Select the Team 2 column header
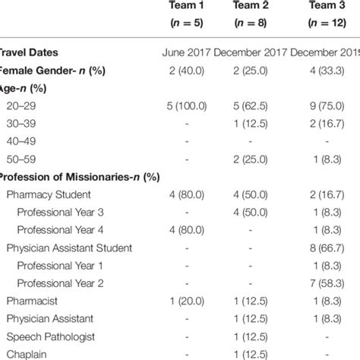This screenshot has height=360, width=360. tap(251, 8)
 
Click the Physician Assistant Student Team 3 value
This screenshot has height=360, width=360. tap(328, 248)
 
